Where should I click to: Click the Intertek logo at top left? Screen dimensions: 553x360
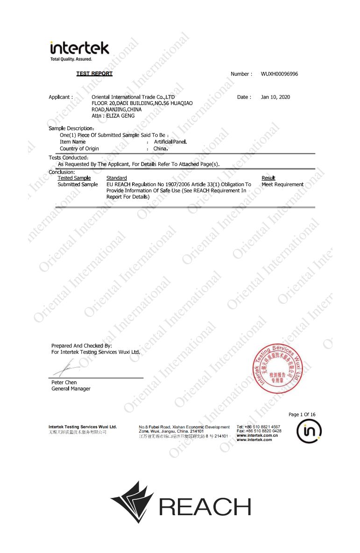tap(79, 50)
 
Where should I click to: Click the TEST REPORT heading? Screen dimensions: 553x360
tap(94, 74)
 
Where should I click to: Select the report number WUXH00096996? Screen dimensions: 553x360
tap(279, 74)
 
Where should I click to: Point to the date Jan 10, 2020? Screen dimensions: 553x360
tap(275, 97)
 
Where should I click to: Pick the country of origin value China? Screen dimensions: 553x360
tap(160, 148)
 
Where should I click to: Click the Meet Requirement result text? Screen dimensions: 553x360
tap(282, 184)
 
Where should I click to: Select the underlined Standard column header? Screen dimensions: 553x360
tap(116, 178)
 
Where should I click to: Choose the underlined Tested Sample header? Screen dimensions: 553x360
tap(74, 178)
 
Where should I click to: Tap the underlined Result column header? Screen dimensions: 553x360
tap(268, 178)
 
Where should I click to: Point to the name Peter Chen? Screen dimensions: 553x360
tap(64, 382)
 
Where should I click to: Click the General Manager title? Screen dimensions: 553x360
tap(71, 389)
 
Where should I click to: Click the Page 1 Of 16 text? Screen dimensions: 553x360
tap(302, 414)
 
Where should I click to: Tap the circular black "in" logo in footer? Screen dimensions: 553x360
tap(309, 432)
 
